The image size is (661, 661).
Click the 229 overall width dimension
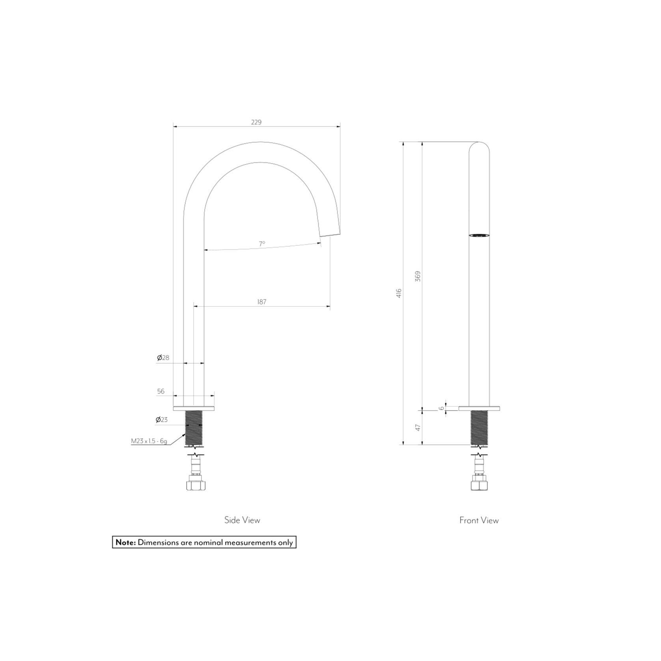(256, 122)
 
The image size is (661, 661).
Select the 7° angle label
(262, 244)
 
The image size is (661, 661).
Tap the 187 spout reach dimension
(262, 302)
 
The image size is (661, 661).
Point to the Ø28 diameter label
(163, 358)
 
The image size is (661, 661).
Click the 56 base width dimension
(161, 391)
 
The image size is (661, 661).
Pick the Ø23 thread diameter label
(162, 420)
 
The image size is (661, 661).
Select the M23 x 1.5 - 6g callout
(149, 441)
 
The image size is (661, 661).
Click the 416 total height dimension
(399, 293)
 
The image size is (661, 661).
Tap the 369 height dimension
(418, 276)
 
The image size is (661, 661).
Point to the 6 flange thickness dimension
(441, 408)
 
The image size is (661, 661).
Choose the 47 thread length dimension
(418, 428)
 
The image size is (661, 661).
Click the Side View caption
(242, 520)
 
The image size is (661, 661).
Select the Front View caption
(479, 520)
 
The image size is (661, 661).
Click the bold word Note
(125, 543)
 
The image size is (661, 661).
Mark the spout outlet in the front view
(479, 235)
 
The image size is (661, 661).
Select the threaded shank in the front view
(479, 428)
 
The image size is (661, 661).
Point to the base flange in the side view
(194, 408)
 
